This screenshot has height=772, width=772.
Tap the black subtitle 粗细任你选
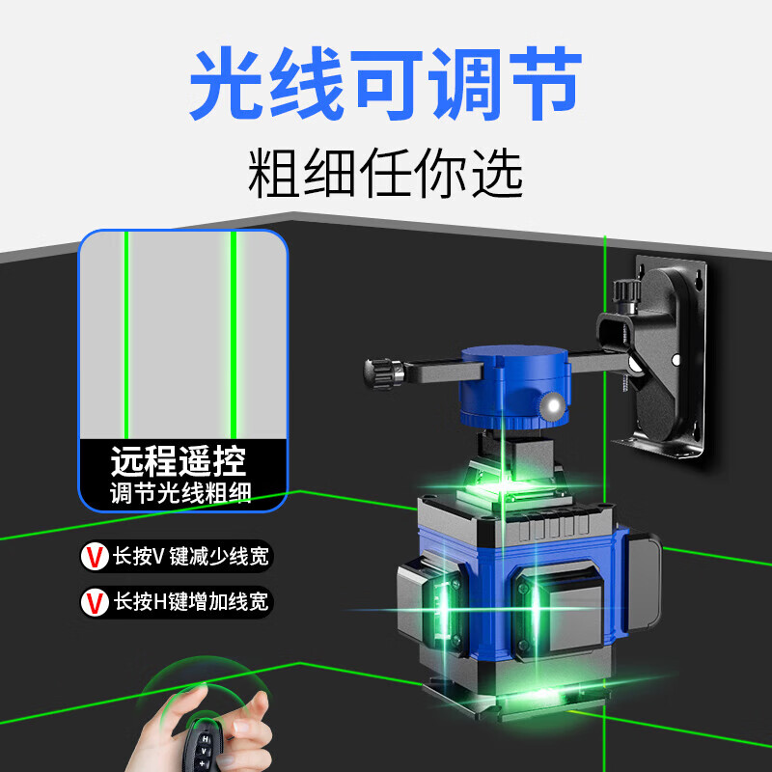click(x=385, y=173)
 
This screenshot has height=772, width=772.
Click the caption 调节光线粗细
click(x=180, y=495)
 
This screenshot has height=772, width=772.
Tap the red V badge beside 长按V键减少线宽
click(x=95, y=556)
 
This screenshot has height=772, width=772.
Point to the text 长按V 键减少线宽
click(x=192, y=556)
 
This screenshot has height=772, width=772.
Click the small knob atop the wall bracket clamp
click(x=622, y=287)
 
